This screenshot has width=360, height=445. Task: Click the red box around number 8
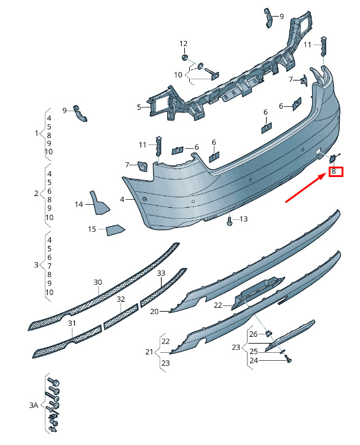pyautogui.click(x=336, y=171)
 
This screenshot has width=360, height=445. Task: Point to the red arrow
pyautogui.click(x=305, y=188)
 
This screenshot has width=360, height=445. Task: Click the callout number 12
pyautogui.click(x=184, y=44)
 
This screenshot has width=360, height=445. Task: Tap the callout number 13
pyautogui.click(x=243, y=219)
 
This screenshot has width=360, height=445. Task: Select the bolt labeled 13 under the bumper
pyautogui.click(x=229, y=221)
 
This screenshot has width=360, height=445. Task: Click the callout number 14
pyautogui.click(x=79, y=204)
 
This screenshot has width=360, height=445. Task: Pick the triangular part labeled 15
pyautogui.click(x=115, y=230)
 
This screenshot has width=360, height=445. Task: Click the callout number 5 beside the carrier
pyautogui.click(x=139, y=107)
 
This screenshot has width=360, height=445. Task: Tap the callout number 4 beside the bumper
pyautogui.click(x=122, y=200)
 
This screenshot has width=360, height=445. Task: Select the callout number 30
pyautogui.click(x=98, y=282)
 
